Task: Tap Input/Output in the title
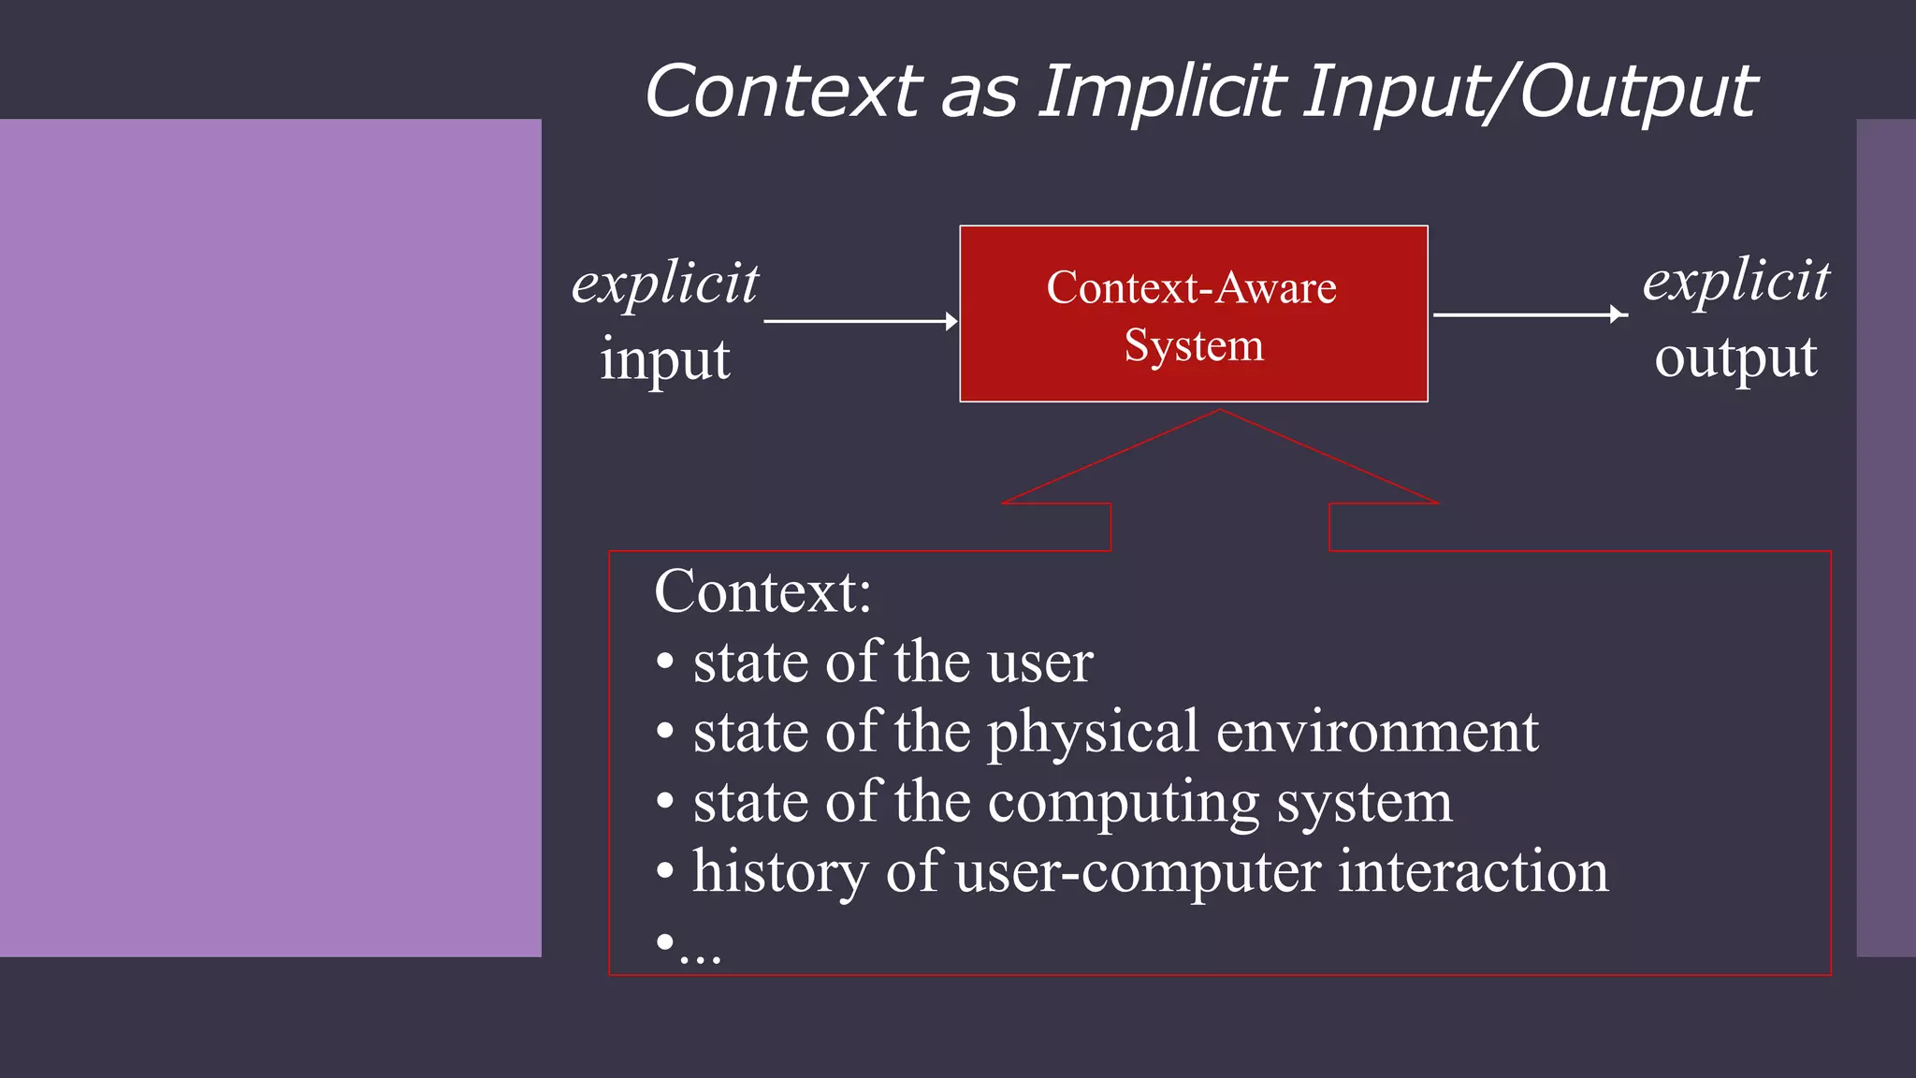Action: coord(1531,92)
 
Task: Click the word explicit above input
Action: coord(665,283)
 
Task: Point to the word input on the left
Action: coord(665,360)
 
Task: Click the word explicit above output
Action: coord(1736,280)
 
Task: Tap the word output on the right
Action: coord(1736,357)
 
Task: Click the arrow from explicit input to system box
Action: coord(860,321)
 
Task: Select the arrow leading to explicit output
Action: coord(1529,314)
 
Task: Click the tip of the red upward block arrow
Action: coord(1220,413)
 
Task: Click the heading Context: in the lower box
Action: coord(762,592)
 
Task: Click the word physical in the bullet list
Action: coord(1093,733)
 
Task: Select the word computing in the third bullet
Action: coord(1124,803)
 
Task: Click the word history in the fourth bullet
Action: coord(781,872)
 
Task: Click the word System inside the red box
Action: coord(1194,345)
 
